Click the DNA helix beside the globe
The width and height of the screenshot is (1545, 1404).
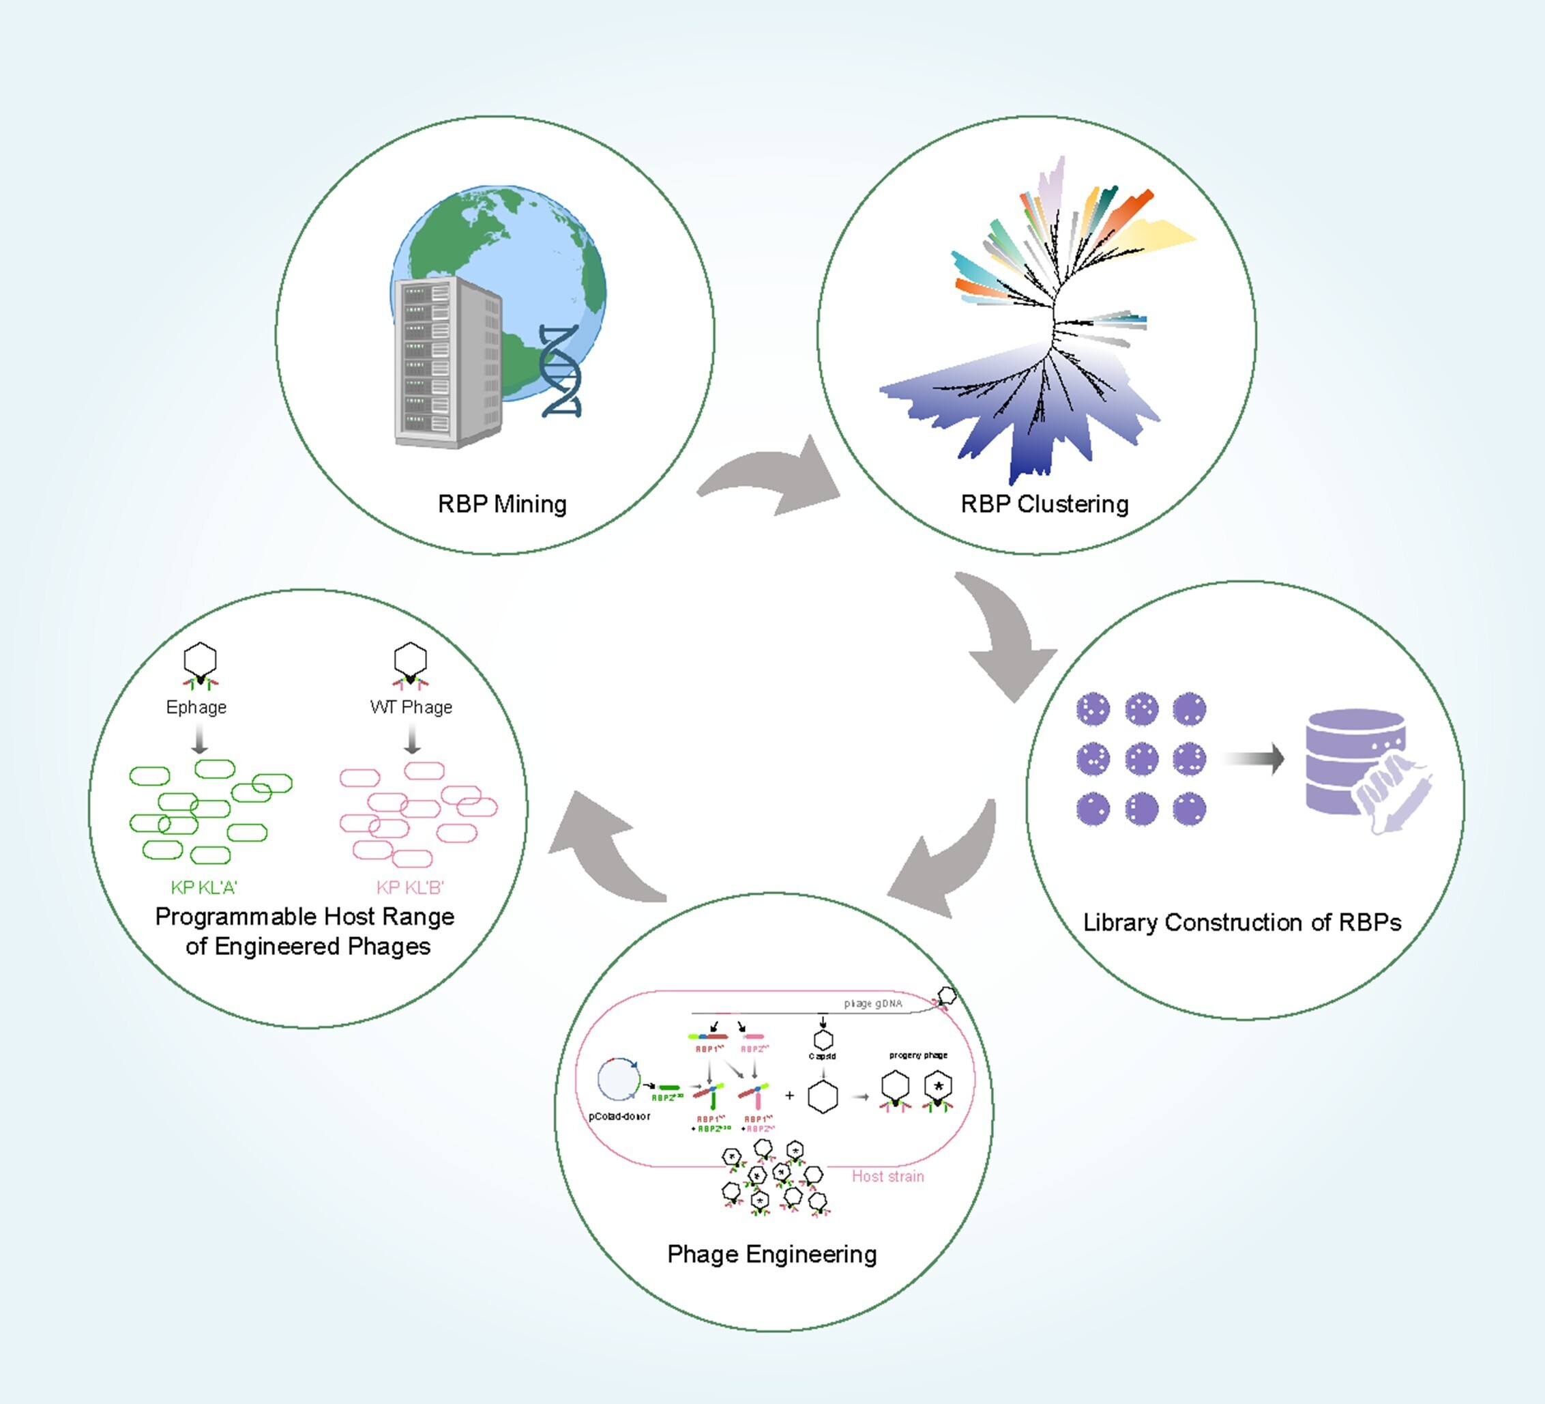tap(559, 371)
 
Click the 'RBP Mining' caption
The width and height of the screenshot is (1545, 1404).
tap(502, 504)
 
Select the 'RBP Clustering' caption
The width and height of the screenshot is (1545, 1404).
tap(1044, 504)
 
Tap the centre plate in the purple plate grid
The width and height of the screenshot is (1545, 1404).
tap(1141, 759)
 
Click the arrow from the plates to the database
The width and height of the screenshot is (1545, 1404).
tap(1253, 759)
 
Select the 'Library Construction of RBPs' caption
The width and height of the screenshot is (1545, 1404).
tap(1241, 921)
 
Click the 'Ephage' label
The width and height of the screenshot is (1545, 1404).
tap(196, 707)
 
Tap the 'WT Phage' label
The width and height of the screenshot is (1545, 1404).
tap(411, 707)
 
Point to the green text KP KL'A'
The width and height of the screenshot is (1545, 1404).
tap(204, 887)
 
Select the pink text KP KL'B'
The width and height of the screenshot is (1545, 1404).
tap(410, 887)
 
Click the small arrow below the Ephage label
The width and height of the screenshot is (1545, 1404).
tap(199, 739)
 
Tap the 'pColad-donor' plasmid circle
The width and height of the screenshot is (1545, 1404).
tap(618, 1080)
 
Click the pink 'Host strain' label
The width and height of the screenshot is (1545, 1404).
tap(887, 1176)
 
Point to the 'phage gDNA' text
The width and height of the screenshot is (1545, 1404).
tap(873, 1003)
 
